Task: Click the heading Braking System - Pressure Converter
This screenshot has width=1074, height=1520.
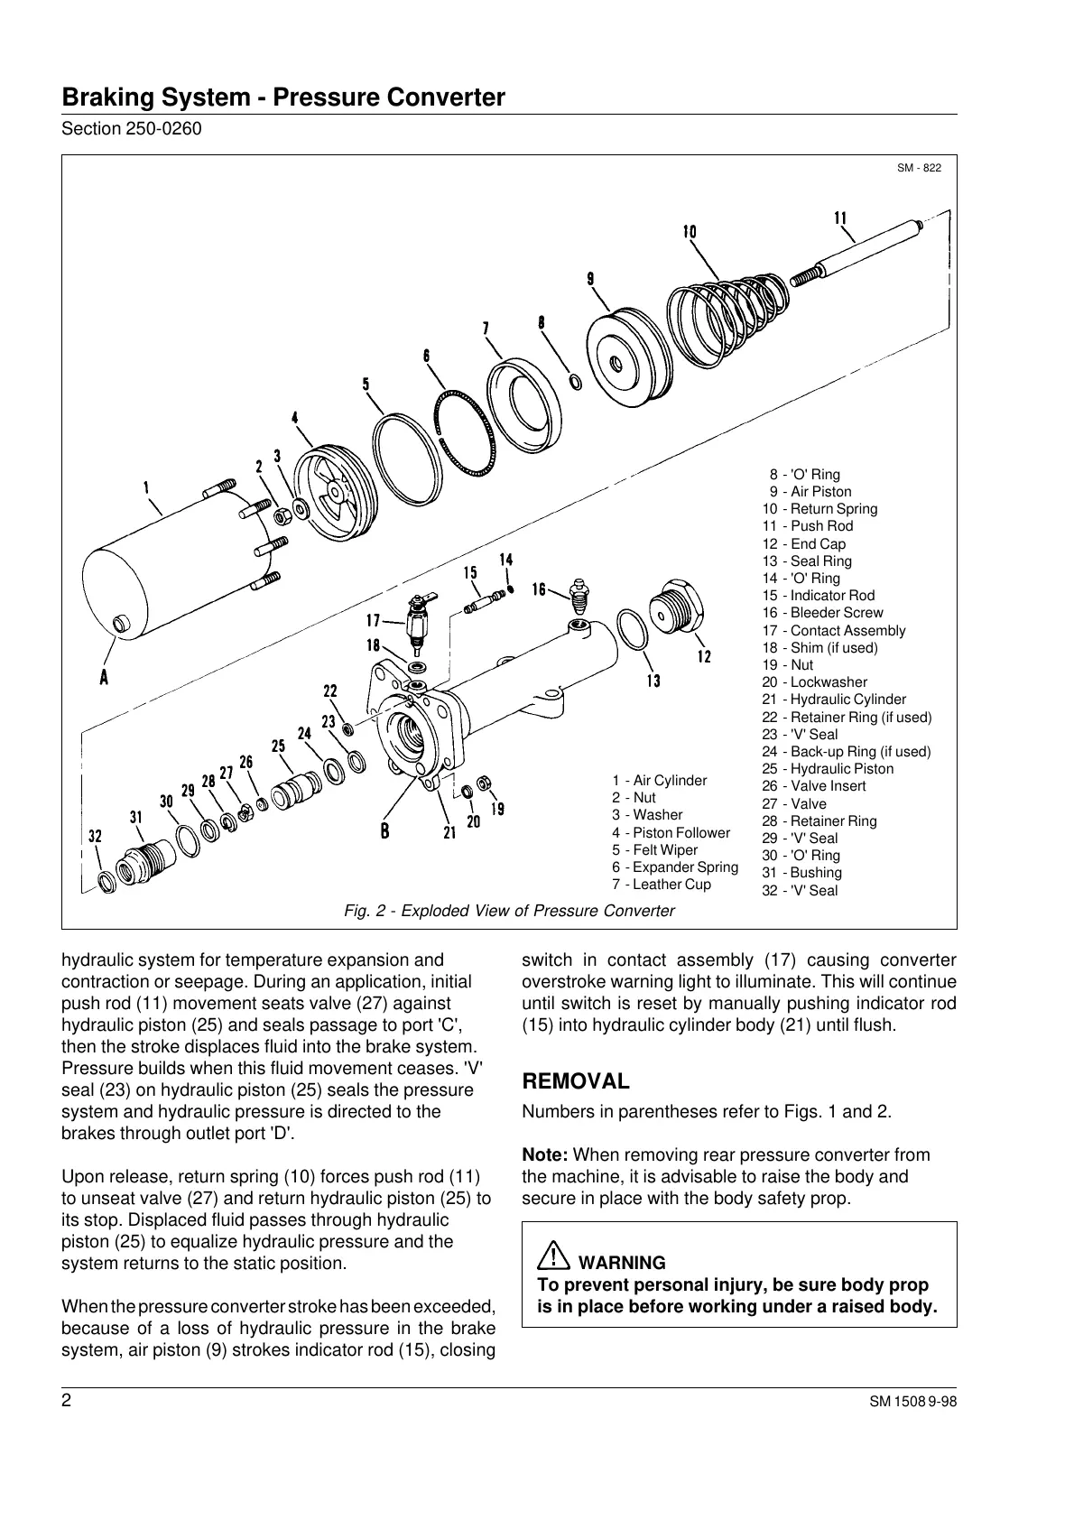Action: (x=282, y=97)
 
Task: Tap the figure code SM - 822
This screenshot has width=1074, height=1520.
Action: (x=919, y=168)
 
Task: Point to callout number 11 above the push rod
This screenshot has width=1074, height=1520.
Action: (x=840, y=218)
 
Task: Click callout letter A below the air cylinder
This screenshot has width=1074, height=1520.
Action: (x=105, y=677)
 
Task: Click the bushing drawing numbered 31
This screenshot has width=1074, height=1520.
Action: (x=144, y=856)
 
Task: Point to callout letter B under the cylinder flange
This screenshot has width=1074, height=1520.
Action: (x=385, y=831)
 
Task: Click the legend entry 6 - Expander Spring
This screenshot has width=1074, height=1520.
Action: (x=674, y=867)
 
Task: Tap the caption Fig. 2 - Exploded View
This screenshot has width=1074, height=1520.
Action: (x=509, y=911)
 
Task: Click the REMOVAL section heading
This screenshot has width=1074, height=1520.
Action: (x=576, y=1081)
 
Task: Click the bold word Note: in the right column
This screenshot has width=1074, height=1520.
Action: (x=545, y=1154)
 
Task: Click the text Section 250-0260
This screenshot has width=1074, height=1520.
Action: (x=131, y=128)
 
